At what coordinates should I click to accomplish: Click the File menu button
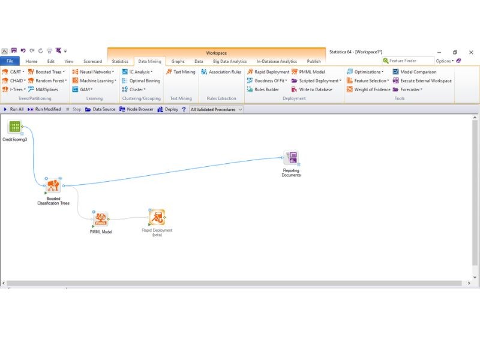point(10,61)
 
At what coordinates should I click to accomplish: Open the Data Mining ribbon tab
point(149,61)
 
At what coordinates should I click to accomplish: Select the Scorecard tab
point(93,61)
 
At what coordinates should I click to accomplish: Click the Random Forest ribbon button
point(48,81)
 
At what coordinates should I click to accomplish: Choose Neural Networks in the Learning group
point(94,72)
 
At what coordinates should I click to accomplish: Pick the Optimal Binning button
point(141,81)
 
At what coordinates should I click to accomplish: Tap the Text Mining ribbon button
point(181,72)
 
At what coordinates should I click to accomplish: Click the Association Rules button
point(221,72)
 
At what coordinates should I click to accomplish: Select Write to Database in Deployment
point(312,89)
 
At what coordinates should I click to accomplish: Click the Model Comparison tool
point(415,72)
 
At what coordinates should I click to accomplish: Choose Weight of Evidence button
point(369,89)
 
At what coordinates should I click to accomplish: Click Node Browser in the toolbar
point(136,109)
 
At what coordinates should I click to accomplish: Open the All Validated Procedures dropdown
point(216,109)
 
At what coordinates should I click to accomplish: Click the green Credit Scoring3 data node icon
point(14,127)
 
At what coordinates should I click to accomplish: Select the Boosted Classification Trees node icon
point(53,186)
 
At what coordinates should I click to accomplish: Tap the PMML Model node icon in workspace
point(101,219)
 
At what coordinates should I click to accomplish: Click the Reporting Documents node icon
point(291,158)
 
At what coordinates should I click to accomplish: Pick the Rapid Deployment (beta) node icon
point(157,217)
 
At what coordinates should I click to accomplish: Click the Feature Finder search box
point(408,61)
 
